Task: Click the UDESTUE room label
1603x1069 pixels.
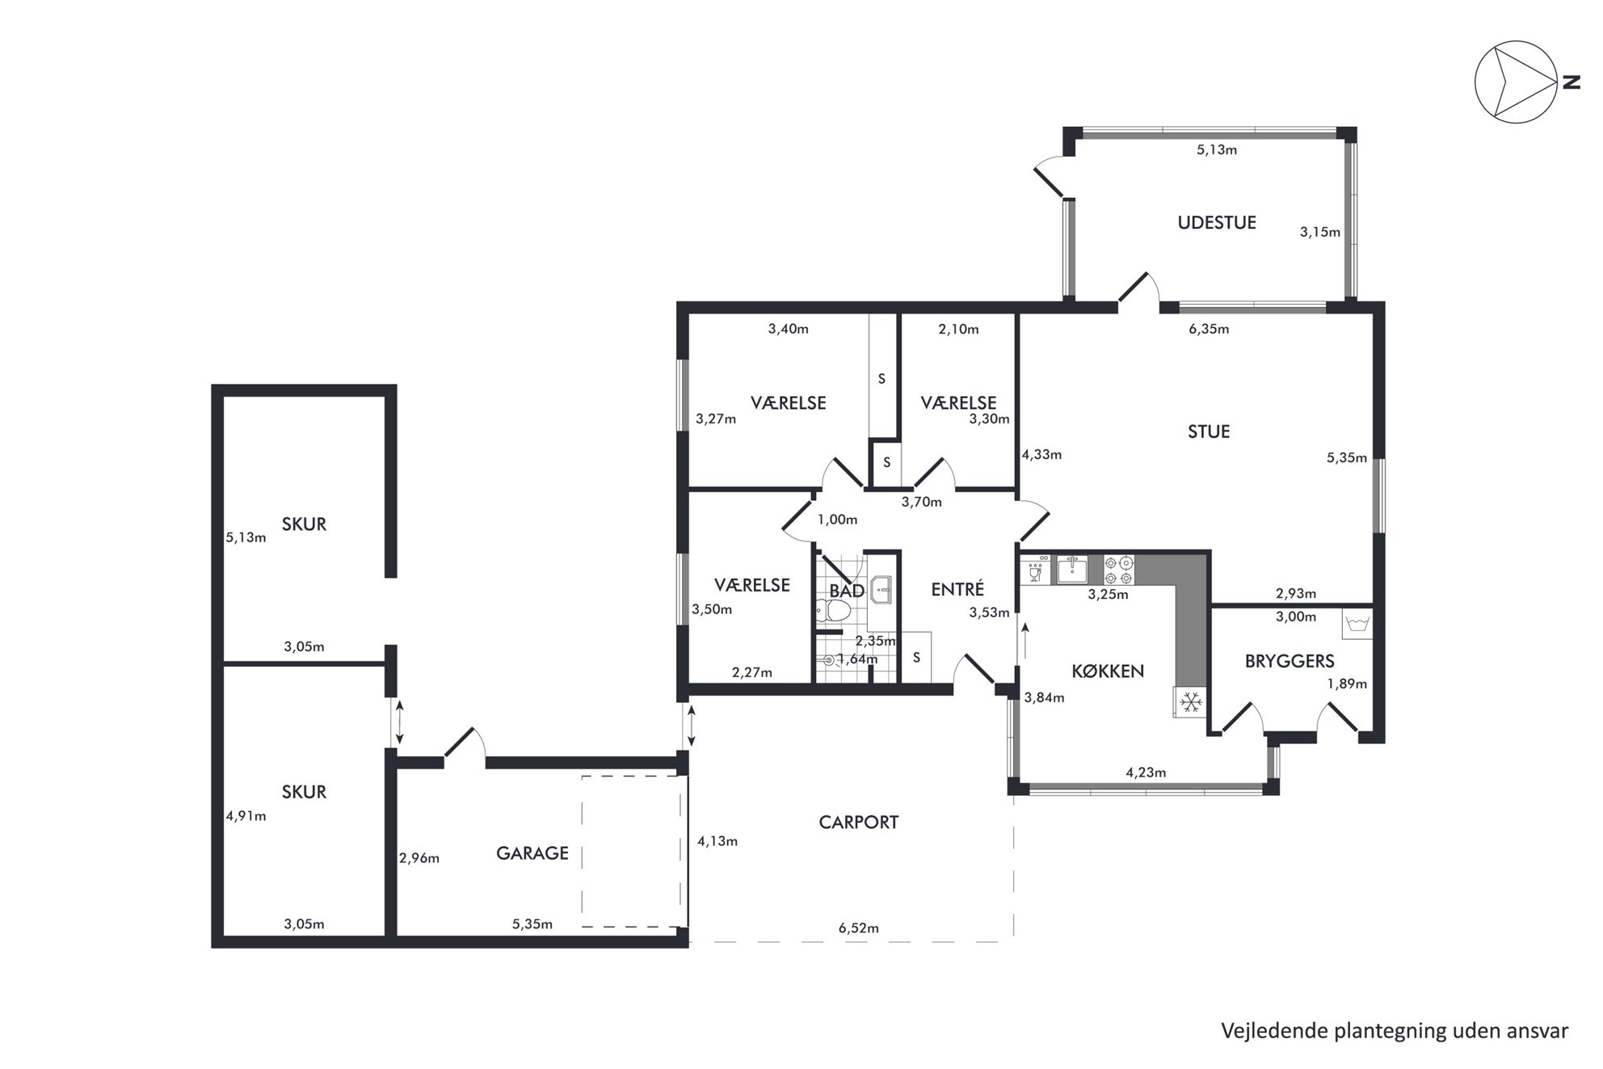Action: click(1217, 223)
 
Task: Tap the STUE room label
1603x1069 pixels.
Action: click(1209, 431)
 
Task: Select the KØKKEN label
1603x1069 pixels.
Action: click(1108, 671)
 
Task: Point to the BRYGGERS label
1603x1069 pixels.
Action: click(1290, 661)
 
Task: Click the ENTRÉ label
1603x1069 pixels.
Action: click(957, 589)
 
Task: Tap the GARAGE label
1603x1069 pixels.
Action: click(532, 853)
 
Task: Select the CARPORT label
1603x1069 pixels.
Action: click(859, 823)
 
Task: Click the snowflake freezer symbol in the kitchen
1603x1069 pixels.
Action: click(1190, 702)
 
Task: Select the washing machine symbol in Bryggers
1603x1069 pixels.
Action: click(1357, 624)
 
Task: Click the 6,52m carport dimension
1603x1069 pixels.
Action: click(859, 928)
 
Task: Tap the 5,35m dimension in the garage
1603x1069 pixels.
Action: click(532, 924)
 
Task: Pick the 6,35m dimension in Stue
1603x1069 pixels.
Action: click(1209, 329)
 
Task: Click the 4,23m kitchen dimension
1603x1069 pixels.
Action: click(1146, 772)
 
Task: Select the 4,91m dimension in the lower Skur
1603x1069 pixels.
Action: click(246, 816)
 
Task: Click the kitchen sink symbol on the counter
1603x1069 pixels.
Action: click(1072, 570)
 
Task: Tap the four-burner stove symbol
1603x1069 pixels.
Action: click(1119, 570)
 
